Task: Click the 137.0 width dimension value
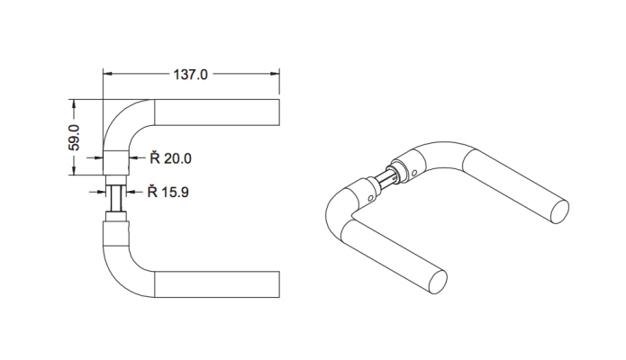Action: pyautogui.click(x=190, y=76)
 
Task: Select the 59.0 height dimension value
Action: pyautogui.click(x=76, y=137)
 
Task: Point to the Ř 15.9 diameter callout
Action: pyautogui.click(x=168, y=191)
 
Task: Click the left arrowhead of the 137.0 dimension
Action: pyautogui.click(x=108, y=76)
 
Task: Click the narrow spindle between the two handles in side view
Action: pyautogui.click(x=115, y=196)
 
